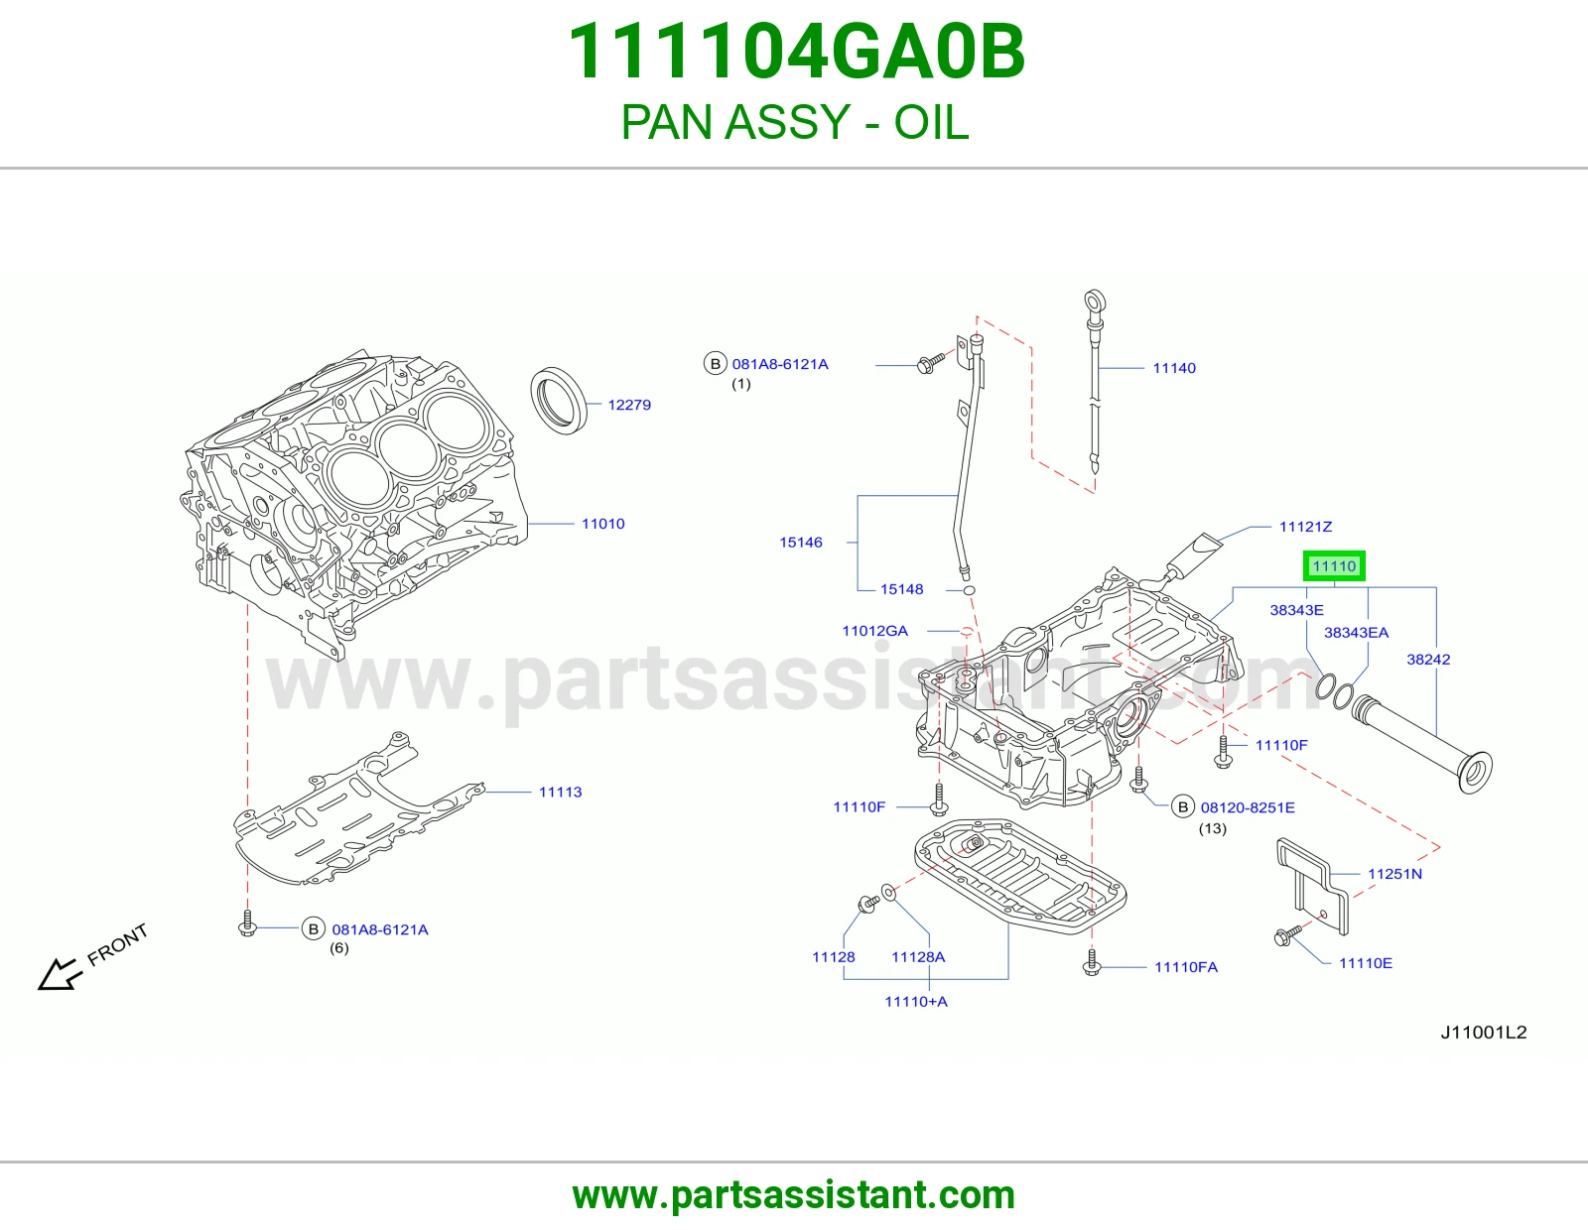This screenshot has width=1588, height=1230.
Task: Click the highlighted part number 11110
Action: tap(1334, 566)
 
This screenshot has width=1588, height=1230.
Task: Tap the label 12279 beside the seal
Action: tap(629, 405)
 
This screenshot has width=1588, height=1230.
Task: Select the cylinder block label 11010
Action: tap(602, 524)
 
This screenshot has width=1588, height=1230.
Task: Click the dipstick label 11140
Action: tap(1174, 368)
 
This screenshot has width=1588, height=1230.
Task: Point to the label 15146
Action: tap(800, 542)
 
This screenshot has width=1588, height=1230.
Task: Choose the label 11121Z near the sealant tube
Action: tap(1305, 527)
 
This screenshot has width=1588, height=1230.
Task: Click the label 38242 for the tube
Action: tap(1428, 660)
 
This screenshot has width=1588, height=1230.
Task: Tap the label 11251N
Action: tap(1394, 874)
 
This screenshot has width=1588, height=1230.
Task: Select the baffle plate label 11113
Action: tap(560, 792)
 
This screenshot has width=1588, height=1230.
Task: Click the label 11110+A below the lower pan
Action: tap(916, 1002)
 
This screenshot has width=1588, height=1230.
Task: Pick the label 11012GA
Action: tap(874, 631)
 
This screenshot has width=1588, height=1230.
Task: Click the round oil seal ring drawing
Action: tap(559, 401)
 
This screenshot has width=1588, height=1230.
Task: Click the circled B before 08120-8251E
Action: tap(1182, 807)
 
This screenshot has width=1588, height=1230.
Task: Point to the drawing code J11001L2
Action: tap(1484, 1032)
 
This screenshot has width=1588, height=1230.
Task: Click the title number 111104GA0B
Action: tap(796, 52)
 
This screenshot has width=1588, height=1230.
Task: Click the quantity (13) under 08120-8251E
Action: tap(1213, 828)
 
